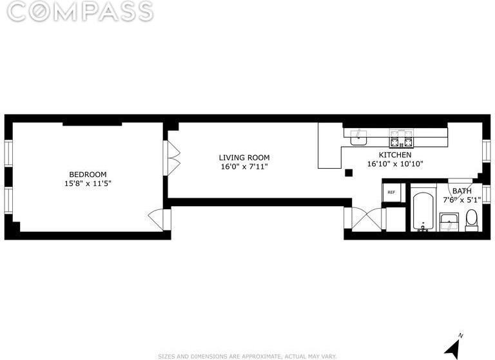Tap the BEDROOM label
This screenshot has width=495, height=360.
point(88,175)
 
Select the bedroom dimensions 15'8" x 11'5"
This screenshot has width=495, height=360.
point(88,184)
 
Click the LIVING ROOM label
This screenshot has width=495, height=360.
point(244,158)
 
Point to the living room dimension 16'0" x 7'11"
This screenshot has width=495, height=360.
point(244,167)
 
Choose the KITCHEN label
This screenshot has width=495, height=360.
point(394,155)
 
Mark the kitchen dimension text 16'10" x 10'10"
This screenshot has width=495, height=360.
point(394,164)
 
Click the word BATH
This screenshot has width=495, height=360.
point(461,191)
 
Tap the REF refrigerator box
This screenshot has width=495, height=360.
point(391,193)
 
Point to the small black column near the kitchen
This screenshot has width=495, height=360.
point(349,172)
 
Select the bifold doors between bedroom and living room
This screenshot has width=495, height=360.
point(173,156)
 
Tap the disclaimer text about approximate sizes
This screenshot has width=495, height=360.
point(247,355)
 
